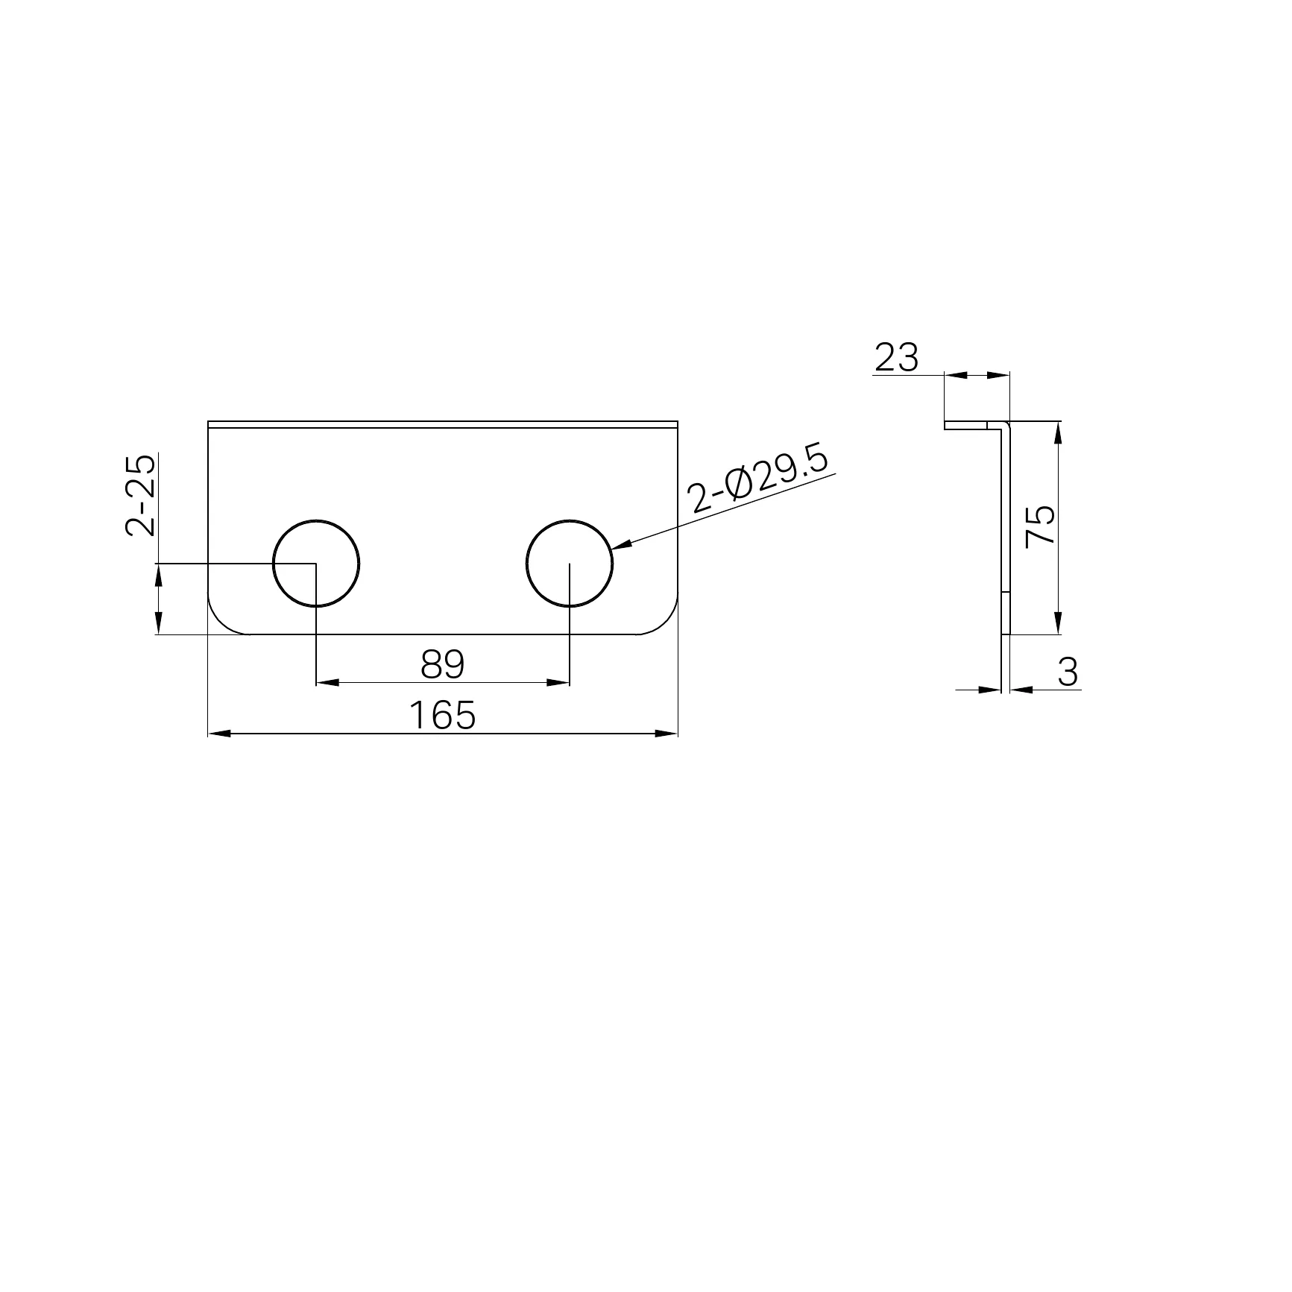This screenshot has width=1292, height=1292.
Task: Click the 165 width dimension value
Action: tap(442, 716)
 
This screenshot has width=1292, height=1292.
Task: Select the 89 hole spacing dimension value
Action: tap(442, 664)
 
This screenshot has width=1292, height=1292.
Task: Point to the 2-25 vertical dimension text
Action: tap(141, 495)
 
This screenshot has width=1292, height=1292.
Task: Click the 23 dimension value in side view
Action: tap(897, 358)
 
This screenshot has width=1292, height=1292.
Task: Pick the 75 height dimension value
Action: tap(1041, 526)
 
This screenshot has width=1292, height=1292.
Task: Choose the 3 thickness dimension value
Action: tap(1068, 672)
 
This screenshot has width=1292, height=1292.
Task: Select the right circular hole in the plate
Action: tap(526, 564)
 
